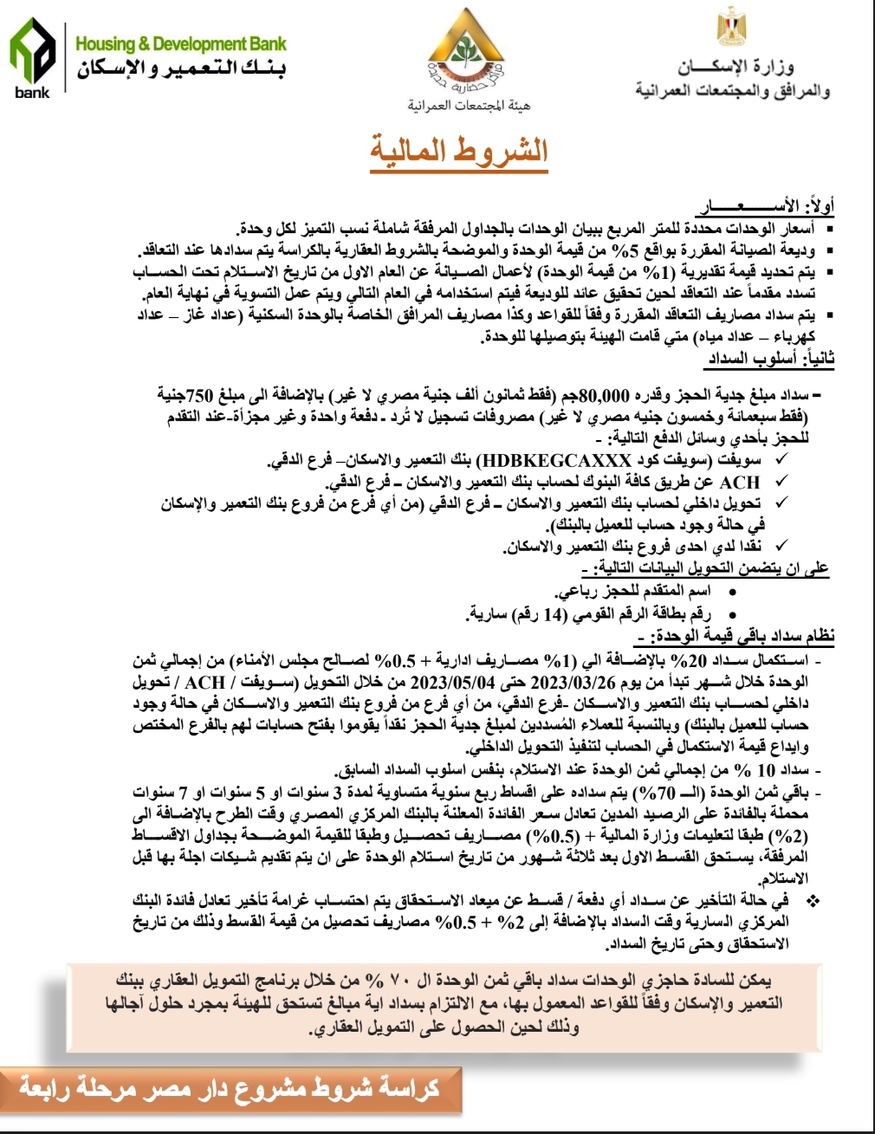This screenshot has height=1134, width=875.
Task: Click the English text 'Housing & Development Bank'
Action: click(x=180, y=43)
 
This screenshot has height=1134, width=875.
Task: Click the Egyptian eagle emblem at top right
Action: click(x=726, y=27)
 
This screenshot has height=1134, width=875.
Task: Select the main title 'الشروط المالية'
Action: click(x=459, y=151)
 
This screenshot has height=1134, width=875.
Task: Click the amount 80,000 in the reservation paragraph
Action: click(x=602, y=397)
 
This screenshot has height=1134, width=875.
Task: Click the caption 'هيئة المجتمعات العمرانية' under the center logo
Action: click(x=469, y=106)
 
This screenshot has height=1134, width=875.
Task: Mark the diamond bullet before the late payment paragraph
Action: click(x=813, y=901)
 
